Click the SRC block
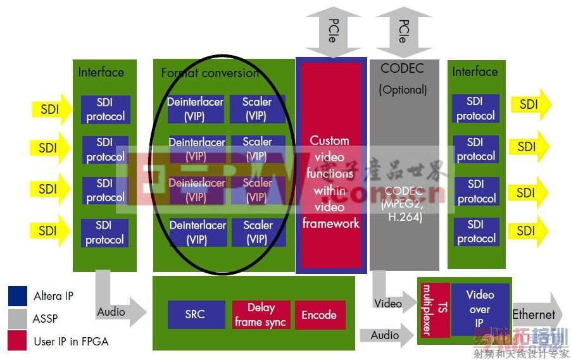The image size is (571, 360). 196,314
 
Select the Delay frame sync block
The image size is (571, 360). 260,314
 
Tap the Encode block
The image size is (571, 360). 319,314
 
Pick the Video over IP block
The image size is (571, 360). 480,309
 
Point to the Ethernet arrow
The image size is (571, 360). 535,314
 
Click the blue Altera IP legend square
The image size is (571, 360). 17,296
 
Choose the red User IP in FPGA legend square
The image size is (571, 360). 17,341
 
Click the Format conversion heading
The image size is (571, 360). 210,73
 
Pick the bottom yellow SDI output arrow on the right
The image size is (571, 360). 529,231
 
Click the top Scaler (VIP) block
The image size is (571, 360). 257,109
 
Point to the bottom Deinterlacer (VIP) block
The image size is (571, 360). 197,232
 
